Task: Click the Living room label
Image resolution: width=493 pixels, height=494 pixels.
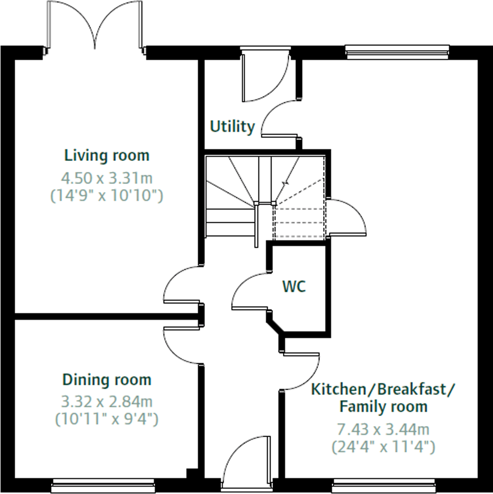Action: (107, 156)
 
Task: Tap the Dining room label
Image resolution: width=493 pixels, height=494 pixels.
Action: (107, 380)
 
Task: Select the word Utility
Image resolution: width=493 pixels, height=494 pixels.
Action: (232, 126)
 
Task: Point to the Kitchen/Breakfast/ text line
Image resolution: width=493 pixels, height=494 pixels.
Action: (383, 390)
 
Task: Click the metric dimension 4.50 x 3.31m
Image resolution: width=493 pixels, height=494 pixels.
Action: (107, 178)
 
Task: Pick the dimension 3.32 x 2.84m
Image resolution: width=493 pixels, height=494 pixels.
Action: (107, 402)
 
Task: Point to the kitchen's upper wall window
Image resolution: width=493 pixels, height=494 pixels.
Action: (397, 52)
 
